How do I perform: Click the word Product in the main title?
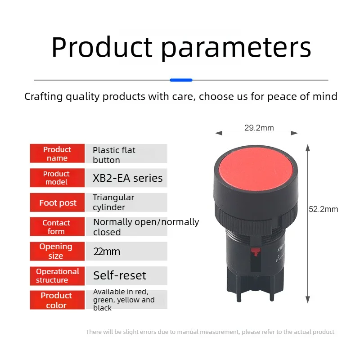[x=102, y=47]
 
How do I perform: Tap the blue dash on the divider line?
[x=181, y=80]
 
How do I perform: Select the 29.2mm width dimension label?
[x=259, y=128]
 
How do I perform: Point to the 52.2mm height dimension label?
[x=323, y=209]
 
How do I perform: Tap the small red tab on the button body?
[x=255, y=252]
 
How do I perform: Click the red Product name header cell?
[x=57, y=153]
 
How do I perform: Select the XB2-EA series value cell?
[x=126, y=178]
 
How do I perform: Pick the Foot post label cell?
[x=57, y=202]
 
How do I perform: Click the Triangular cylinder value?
[x=113, y=202]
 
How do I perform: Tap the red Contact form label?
[x=57, y=227]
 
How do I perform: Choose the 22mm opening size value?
[x=107, y=252]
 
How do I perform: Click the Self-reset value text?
[x=120, y=275]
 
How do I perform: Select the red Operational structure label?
[x=57, y=276]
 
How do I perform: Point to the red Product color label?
[x=57, y=300]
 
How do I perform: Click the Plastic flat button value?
[x=114, y=155]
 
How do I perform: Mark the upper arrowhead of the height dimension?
[x=308, y=148]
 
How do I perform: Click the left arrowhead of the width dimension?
[x=219, y=133]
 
